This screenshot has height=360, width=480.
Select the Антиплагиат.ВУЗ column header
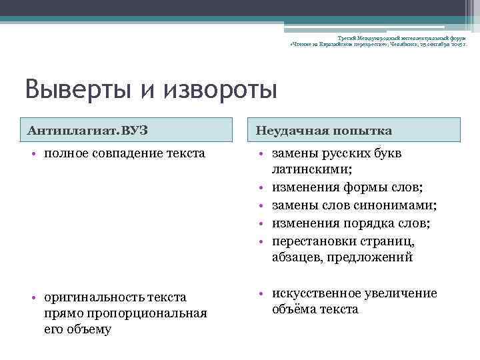click(x=87, y=130)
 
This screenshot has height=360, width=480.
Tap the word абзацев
click(x=296, y=257)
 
